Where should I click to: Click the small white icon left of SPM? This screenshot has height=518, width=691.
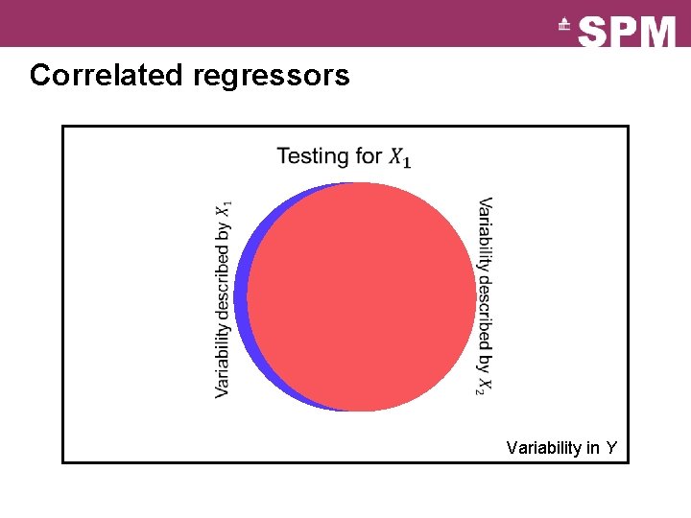pyautogui.click(x=565, y=26)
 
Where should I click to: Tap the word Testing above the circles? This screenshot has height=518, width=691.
pyautogui.click(x=312, y=155)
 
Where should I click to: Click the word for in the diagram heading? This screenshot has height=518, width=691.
pyautogui.click(x=369, y=155)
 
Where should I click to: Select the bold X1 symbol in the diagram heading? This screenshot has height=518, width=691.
pyautogui.click(x=400, y=157)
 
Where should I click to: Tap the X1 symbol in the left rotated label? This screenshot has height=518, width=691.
pyautogui.click(x=224, y=208)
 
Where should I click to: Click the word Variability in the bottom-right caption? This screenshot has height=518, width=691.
pyautogui.click(x=540, y=448)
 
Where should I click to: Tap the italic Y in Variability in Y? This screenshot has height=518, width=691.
pyautogui.click(x=611, y=448)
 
